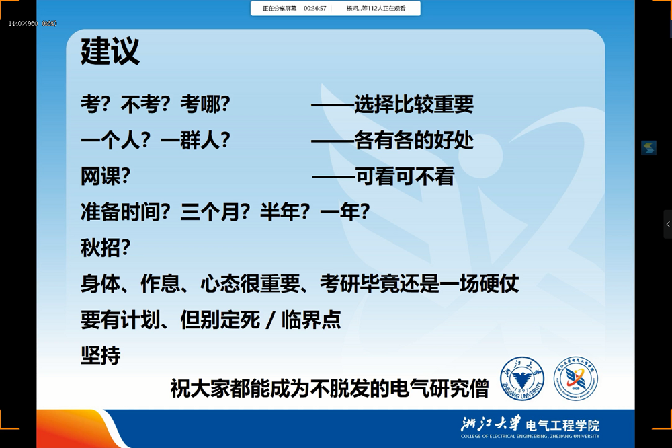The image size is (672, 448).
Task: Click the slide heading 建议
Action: pyautogui.click(x=110, y=52)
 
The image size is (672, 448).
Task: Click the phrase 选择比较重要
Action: pyautogui.click(x=414, y=104)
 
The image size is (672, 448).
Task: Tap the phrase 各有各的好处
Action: pyautogui.click(x=414, y=141)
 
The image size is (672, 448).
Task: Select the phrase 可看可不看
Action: pyautogui.click(x=405, y=176)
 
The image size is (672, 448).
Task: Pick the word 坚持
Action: pyautogui.click(x=100, y=355)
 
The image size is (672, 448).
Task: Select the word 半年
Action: pyautogui.click(x=274, y=213)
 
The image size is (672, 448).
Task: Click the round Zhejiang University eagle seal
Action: pyautogui.click(x=522, y=379)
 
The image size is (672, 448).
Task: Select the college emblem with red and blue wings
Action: pyautogui.click(x=575, y=379)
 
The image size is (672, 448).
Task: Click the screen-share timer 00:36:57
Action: pyautogui.click(x=315, y=9)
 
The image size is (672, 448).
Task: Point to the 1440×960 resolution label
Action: pyautogui.click(x=24, y=24)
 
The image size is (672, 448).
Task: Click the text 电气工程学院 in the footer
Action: pyautogui.click(x=562, y=425)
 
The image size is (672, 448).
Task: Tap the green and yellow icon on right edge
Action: pyautogui.click(x=648, y=148)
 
